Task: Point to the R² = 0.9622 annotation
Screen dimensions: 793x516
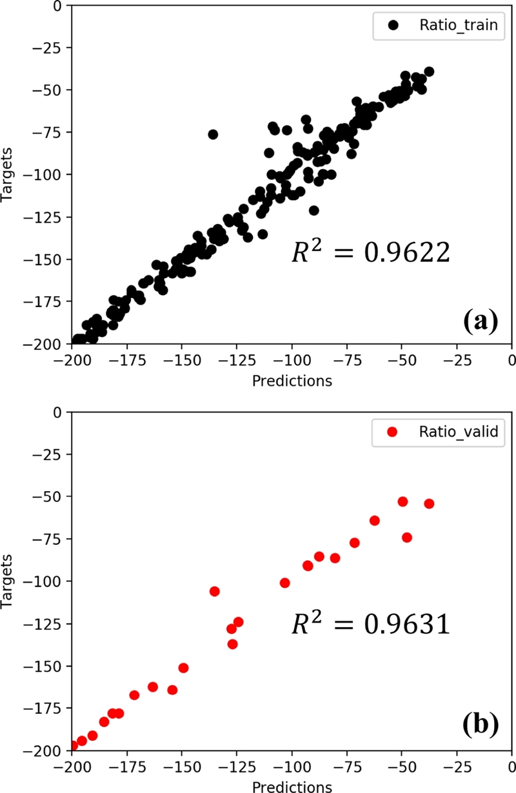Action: tap(369, 252)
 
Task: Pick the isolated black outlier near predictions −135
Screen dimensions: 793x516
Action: tap(213, 134)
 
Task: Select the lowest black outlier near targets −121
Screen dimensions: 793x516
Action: tap(314, 210)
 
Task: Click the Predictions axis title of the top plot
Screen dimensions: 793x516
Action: tap(292, 381)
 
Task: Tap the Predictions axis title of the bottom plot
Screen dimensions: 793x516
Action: tap(292, 787)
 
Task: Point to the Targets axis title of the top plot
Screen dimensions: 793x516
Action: tap(8, 175)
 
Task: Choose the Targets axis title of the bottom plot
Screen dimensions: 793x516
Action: tap(8, 581)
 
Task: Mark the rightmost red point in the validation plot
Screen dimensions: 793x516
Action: tap(429, 503)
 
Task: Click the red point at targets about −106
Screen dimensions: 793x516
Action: tap(215, 591)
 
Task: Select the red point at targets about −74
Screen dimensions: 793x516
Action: tap(407, 537)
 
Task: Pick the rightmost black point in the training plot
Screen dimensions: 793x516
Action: tap(429, 72)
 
